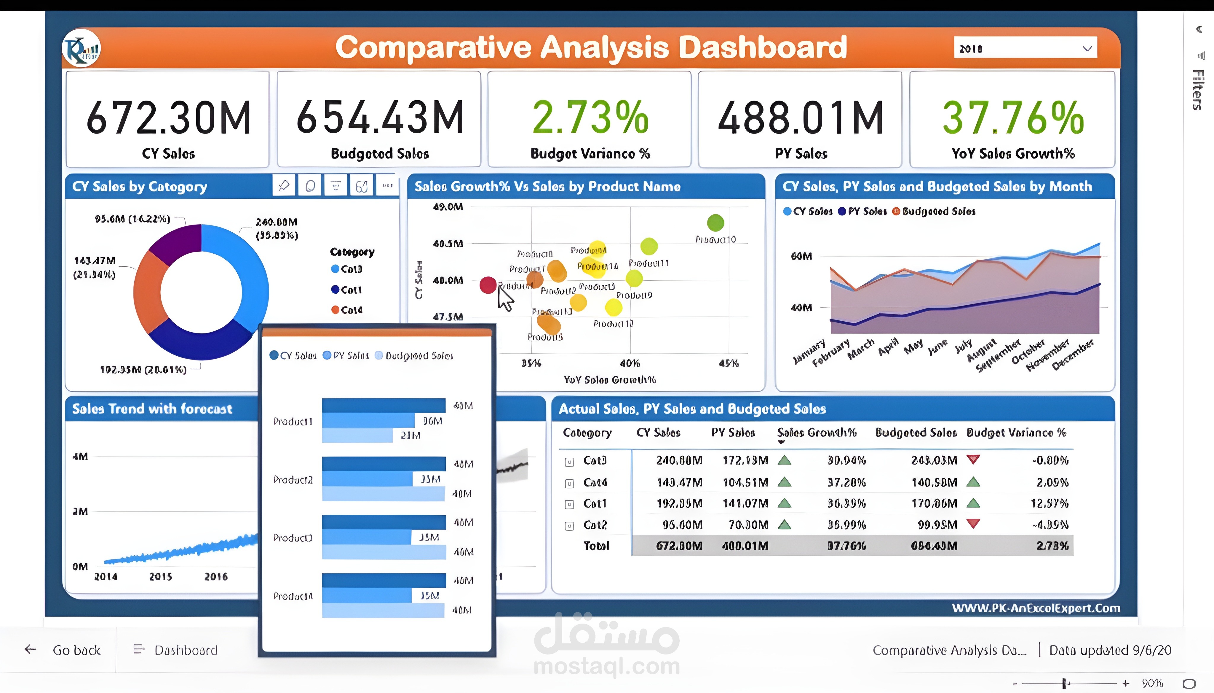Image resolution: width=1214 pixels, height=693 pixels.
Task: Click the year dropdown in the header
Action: [1025, 48]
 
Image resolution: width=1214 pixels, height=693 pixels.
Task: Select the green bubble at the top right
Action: [715, 222]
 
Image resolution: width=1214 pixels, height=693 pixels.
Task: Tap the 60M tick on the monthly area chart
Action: [801, 256]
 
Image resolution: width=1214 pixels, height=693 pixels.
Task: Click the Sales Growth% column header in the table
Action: [817, 433]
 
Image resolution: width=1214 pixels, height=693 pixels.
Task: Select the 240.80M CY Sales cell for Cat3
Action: [679, 460]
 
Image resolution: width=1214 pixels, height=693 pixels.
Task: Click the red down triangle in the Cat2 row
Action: [973, 524]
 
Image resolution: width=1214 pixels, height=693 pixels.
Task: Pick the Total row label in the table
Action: [596, 546]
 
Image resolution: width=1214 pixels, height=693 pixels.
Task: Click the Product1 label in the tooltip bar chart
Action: [293, 421]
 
